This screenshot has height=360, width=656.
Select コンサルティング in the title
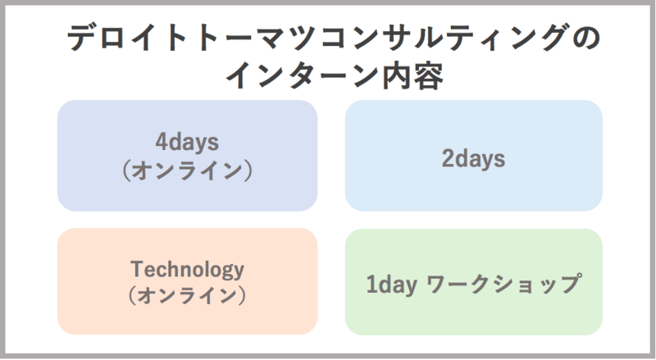(419, 39)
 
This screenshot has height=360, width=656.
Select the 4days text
(187, 143)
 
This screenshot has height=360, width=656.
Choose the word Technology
(187, 270)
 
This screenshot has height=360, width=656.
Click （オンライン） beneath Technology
(187, 294)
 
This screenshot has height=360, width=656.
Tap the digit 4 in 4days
(161, 143)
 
